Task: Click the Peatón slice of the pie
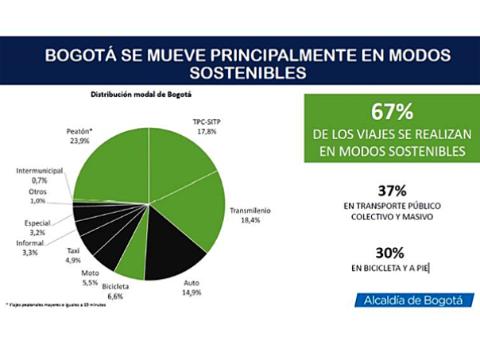tap(111, 163)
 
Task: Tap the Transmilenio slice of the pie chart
tap(191, 219)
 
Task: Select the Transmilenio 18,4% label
tap(250, 215)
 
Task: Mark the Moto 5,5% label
tap(90, 278)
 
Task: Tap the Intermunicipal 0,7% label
tap(38, 175)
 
